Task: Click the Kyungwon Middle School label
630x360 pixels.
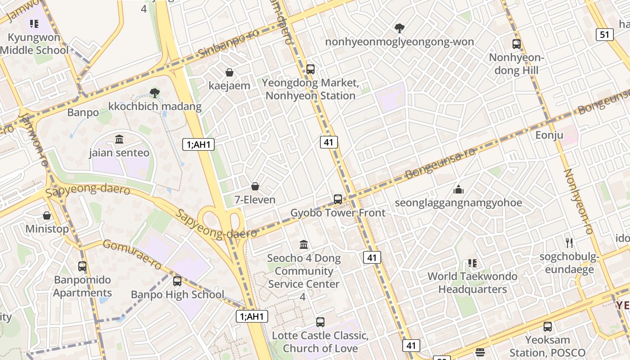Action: [x=34, y=44]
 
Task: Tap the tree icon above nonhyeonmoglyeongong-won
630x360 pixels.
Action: [x=399, y=28]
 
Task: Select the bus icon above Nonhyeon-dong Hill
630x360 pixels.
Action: [x=517, y=44]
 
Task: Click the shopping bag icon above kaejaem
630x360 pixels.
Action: [x=229, y=72]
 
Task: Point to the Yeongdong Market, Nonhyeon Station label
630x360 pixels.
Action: [x=310, y=90]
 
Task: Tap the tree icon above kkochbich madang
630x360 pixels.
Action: [x=155, y=93]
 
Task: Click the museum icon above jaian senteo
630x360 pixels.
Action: [x=119, y=139]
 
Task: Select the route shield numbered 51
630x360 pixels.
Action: [x=605, y=35]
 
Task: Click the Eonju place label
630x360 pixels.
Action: [x=549, y=135]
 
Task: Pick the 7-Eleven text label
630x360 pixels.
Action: [x=255, y=200]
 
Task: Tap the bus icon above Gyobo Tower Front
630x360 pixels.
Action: [x=338, y=199]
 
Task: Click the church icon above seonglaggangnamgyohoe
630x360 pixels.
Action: [x=459, y=189]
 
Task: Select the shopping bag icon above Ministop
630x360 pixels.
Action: [x=47, y=216]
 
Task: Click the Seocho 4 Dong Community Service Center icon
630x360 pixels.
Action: [x=304, y=245]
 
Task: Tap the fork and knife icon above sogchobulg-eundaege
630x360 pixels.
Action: [x=569, y=243]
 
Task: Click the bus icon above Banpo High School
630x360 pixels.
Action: [x=177, y=281]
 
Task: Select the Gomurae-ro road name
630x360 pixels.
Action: [x=132, y=255]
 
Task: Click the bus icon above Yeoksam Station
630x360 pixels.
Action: [x=548, y=327]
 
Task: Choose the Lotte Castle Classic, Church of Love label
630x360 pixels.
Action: [x=320, y=342]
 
